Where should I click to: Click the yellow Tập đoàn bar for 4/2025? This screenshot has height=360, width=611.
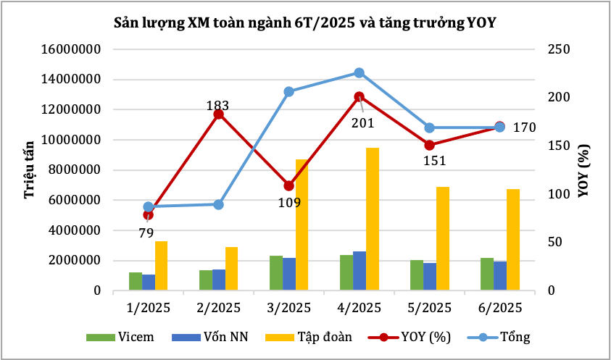(373, 219)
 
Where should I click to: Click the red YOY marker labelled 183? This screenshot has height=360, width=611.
(218, 114)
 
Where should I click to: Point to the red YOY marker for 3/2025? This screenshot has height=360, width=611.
(288, 185)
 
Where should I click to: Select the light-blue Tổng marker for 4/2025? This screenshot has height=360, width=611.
(359, 72)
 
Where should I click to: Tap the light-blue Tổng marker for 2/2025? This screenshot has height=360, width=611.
(218, 204)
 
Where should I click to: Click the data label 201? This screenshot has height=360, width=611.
(362, 123)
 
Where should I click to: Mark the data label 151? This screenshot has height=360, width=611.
(432, 161)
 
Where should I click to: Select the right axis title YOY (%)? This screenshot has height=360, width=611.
(583, 169)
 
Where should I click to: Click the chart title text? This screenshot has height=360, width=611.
(304, 22)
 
